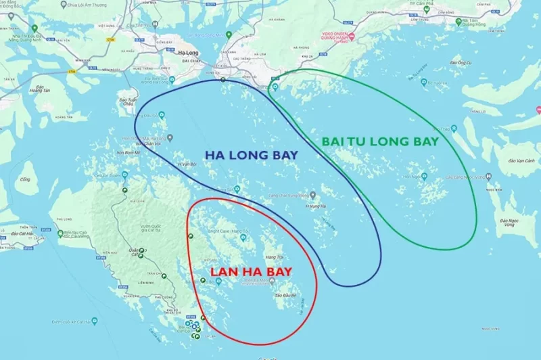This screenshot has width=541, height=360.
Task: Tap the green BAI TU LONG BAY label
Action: pyautogui.click(x=380, y=141)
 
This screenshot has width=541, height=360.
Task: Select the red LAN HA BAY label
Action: pyautogui.click(x=251, y=271)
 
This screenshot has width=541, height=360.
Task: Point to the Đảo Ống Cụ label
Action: pyautogui.click(x=463, y=62)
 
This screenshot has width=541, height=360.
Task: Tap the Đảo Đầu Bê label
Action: pyautogui.click(x=285, y=296)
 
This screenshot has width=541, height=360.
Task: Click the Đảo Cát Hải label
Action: pyautogui.click(x=14, y=232)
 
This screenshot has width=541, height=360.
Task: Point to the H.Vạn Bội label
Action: pyautogui.click(x=187, y=164)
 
